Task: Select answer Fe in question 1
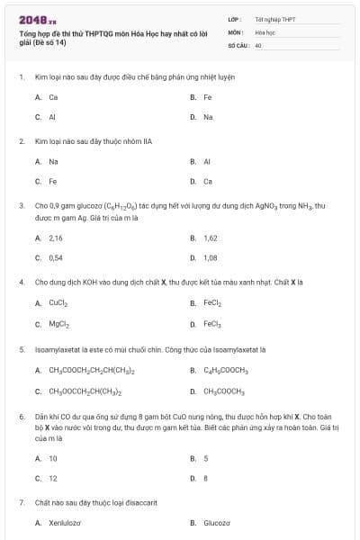point(208,97)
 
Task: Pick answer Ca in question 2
point(208,181)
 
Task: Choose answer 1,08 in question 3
point(211,257)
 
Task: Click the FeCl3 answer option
point(213,324)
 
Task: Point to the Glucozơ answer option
point(217,522)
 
